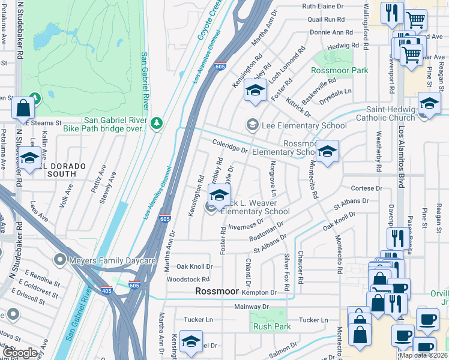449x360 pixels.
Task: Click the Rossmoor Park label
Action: click(x=339, y=70)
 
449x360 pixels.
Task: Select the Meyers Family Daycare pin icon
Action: click(x=59, y=259)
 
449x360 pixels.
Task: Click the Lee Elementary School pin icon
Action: click(x=252, y=125)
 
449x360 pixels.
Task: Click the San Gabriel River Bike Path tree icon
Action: click(x=157, y=123)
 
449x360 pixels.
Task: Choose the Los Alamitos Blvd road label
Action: click(x=402, y=144)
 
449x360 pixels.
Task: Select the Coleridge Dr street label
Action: click(x=230, y=146)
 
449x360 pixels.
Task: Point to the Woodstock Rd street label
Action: click(x=188, y=279)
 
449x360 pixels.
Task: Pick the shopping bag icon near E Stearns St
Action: click(x=23, y=109)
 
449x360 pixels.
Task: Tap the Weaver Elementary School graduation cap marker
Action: click(x=220, y=196)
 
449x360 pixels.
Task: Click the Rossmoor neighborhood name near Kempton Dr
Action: click(x=216, y=291)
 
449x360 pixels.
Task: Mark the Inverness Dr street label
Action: click(x=246, y=224)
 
